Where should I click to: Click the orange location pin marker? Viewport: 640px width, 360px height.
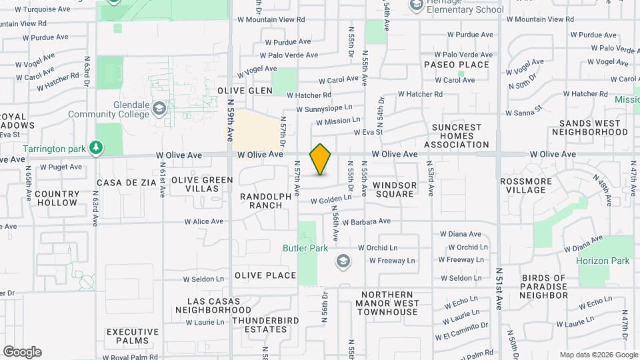[x=321, y=159]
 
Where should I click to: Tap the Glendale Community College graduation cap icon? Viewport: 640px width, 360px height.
[x=159, y=108]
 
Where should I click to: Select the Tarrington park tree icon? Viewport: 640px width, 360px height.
[x=97, y=147]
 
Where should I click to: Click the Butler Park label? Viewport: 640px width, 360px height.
[x=304, y=248]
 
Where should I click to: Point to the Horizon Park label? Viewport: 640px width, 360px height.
[x=603, y=261]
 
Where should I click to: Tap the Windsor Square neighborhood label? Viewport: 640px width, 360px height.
[x=395, y=189]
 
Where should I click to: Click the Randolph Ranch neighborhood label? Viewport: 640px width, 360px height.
[x=266, y=201]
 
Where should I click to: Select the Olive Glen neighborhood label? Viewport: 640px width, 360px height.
[x=245, y=91]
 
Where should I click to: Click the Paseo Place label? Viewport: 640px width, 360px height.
[x=456, y=65]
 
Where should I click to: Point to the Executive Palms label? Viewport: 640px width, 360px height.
[x=133, y=336]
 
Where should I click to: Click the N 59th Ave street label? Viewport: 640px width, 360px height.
[x=230, y=120]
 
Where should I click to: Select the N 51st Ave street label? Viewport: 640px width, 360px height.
[x=499, y=289]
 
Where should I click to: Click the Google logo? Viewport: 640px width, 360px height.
[x=22, y=352]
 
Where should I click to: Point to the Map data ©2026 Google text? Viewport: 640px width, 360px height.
[x=597, y=355]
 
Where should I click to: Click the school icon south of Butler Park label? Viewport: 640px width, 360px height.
[x=343, y=261]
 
